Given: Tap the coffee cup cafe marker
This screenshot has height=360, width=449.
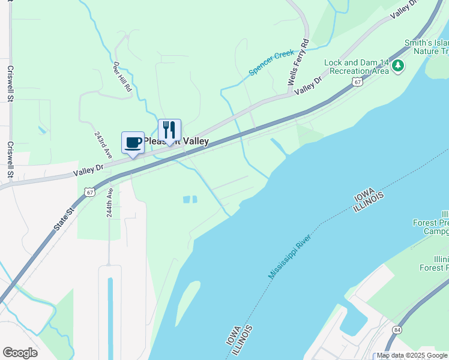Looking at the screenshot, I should [x=133, y=143].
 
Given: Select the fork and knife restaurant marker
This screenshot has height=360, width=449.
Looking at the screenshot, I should [x=169, y=130].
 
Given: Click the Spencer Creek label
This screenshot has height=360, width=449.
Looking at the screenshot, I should [x=271, y=63].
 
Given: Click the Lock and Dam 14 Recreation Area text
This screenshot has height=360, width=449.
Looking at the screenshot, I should [x=357, y=67].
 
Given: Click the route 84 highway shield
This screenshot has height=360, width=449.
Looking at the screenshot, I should [x=397, y=331].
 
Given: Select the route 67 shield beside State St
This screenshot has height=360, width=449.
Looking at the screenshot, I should [x=89, y=191].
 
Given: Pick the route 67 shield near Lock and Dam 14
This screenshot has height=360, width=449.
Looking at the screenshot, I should [x=357, y=82].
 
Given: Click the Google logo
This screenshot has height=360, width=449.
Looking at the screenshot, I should [x=20, y=353].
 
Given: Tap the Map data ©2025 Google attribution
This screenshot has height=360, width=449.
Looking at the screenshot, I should [x=412, y=356].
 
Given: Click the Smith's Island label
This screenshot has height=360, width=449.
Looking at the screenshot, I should [x=426, y=43].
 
